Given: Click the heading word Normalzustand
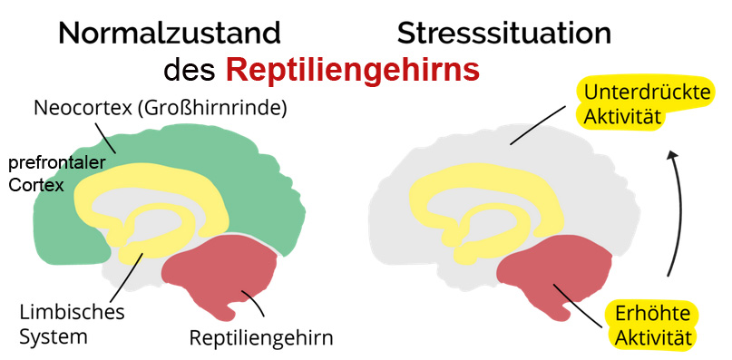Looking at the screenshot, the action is click(x=170, y=34).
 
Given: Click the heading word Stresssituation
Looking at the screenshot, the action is click(x=504, y=34).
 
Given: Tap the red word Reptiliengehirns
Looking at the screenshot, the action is click(x=353, y=70).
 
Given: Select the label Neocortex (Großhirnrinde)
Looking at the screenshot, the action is click(x=160, y=108).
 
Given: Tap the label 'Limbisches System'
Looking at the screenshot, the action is click(x=72, y=324).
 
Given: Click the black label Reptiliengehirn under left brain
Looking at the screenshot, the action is click(x=261, y=338).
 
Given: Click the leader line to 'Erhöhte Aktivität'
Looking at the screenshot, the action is click(x=577, y=305).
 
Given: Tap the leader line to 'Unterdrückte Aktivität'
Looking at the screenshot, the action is click(x=538, y=124).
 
